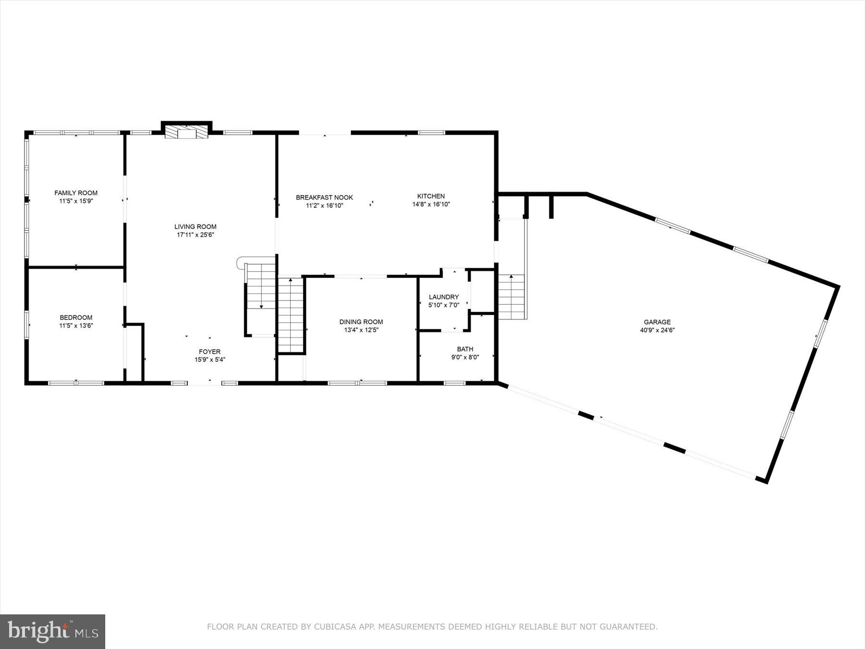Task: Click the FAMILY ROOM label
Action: (x=76, y=193)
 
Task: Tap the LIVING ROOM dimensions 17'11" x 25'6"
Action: (x=195, y=235)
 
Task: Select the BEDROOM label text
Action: (x=76, y=317)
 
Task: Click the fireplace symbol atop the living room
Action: (x=186, y=132)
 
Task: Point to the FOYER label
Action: (x=210, y=351)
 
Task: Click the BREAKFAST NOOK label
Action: (x=324, y=198)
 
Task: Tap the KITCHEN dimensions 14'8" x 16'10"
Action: (x=431, y=204)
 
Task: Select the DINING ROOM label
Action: (x=361, y=322)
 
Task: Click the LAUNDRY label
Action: (x=444, y=297)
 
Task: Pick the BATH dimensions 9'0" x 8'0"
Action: (x=465, y=357)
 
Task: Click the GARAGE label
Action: (x=657, y=322)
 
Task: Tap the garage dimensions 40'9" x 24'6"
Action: (x=657, y=330)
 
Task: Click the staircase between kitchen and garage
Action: (x=512, y=297)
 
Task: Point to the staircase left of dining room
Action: (x=291, y=315)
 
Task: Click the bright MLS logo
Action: (x=52, y=631)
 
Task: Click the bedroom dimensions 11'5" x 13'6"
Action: (x=76, y=325)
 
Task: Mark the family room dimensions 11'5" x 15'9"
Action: (x=76, y=201)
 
